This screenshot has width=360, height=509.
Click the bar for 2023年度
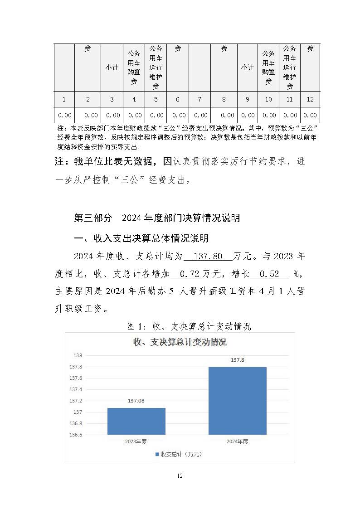(136, 421)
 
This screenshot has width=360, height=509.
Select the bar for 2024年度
(237, 401)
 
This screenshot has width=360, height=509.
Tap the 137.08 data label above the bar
(136, 402)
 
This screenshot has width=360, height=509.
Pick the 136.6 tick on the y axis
(75, 435)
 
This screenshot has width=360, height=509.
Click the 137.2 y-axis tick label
(75, 401)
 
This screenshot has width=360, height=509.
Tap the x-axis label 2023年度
(136, 441)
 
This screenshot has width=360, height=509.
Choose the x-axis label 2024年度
(237, 441)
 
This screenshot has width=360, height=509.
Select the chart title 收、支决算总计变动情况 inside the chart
(180, 342)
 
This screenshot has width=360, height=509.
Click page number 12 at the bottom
(180, 475)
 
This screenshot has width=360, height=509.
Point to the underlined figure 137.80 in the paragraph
(208, 257)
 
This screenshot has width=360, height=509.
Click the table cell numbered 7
(199, 99)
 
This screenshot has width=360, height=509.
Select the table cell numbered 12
(310, 99)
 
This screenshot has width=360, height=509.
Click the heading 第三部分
(92, 218)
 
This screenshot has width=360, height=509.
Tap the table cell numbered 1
(64, 99)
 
